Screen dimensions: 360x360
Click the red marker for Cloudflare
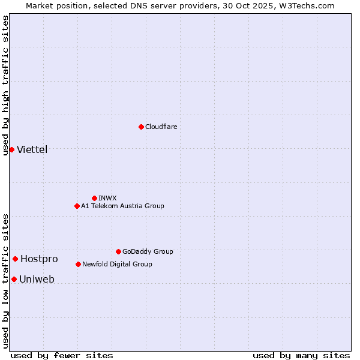coord(141,127)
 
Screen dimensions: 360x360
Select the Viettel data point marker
coord(11,149)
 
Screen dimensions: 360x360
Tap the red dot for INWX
coord(94,198)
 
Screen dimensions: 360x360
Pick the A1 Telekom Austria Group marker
coord(77,206)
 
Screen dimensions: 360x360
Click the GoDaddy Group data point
coord(118,251)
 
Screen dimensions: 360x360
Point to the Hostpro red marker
coord(15,259)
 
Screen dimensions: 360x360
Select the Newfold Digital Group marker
coord(78,264)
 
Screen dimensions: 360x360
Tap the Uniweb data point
coord(14,279)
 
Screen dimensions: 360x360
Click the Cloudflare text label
coord(161,127)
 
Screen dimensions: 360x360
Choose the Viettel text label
coord(32,149)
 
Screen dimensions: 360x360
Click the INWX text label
coord(107,198)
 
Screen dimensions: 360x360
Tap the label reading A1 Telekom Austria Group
coord(122,206)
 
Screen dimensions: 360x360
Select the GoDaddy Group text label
coord(148,251)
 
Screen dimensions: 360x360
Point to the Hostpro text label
coord(39,259)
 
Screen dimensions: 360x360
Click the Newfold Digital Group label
coord(117,264)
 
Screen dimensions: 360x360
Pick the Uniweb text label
coord(37,279)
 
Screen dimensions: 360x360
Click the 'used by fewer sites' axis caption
coord(62,355)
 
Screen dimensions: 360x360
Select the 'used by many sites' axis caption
coord(301,355)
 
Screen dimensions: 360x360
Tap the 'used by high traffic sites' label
coord(5,85)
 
